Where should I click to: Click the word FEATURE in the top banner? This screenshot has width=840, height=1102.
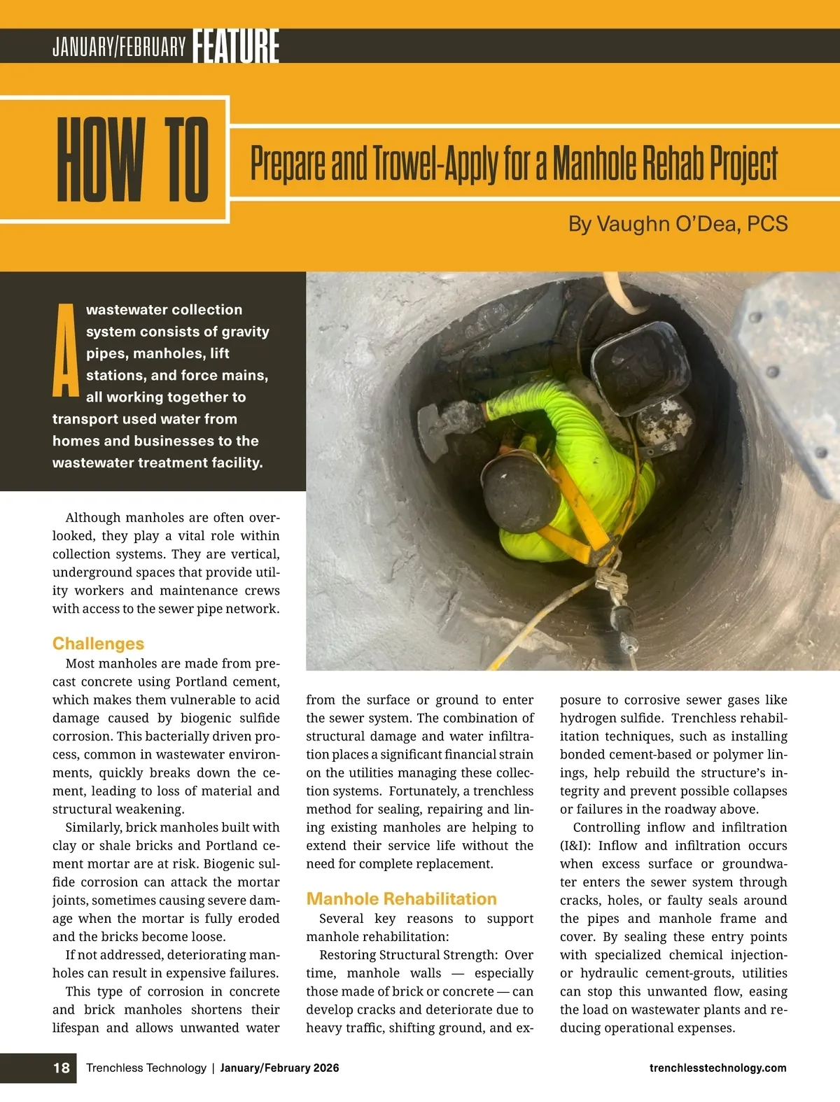(x=236, y=46)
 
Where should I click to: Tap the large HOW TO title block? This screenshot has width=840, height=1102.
(x=132, y=160)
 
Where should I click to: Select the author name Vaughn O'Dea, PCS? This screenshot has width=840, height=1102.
(x=678, y=224)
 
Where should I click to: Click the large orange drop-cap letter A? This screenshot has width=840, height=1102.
(x=66, y=351)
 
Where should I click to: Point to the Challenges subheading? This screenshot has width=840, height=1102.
(x=98, y=644)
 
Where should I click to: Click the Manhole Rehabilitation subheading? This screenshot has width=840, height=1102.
(x=401, y=899)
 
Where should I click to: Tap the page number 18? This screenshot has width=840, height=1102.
(x=62, y=1068)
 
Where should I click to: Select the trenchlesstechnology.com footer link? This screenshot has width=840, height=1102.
(x=717, y=1068)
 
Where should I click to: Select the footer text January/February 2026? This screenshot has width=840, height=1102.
(x=279, y=1068)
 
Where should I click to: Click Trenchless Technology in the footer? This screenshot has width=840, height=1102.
(x=146, y=1068)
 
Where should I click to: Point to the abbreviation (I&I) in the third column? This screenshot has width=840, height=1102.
(x=575, y=846)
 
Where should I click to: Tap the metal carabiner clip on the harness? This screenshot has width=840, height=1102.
(x=609, y=580)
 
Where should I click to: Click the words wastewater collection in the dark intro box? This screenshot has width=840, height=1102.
(x=164, y=310)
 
